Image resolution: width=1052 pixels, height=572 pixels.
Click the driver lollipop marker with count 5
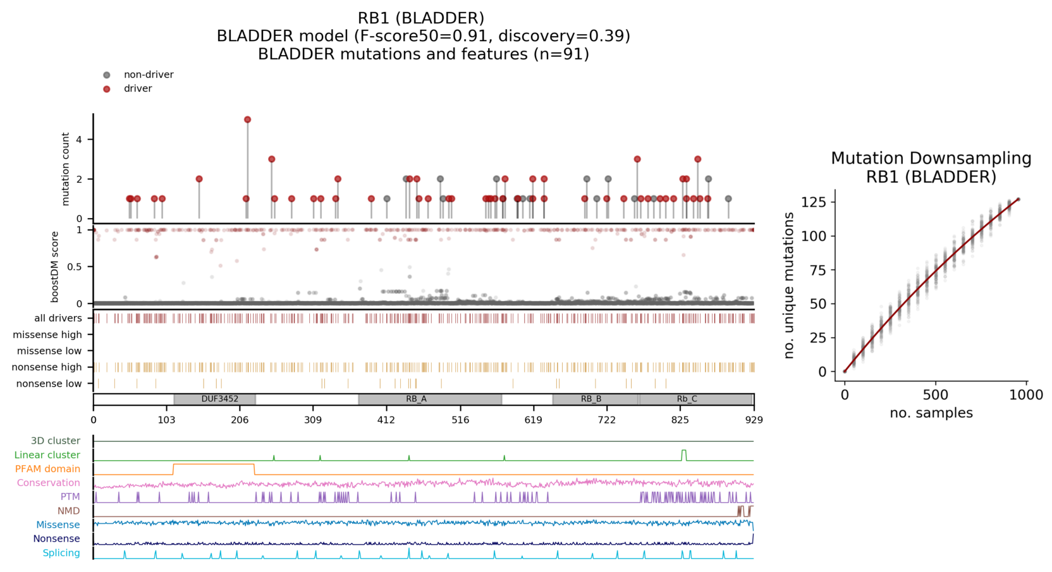click(x=247, y=119)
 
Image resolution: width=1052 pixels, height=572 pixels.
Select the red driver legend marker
click(x=107, y=89)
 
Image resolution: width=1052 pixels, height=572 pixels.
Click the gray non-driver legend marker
click(x=107, y=75)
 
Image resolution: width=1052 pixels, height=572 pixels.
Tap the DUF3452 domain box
click(x=215, y=399)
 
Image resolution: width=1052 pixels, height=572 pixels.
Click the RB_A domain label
click(x=416, y=399)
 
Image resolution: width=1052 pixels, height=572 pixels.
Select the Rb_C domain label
click(x=687, y=399)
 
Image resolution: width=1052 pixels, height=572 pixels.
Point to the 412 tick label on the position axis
click(x=386, y=420)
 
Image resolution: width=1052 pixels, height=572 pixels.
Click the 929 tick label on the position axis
click(x=754, y=420)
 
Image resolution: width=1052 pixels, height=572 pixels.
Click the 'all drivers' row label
click(x=58, y=319)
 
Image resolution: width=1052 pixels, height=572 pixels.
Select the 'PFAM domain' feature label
click(x=47, y=469)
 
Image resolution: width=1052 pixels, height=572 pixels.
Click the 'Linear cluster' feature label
click(x=47, y=455)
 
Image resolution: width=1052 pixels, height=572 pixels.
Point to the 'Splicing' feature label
click(x=61, y=553)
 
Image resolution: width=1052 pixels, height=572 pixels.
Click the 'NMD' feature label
click(x=69, y=511)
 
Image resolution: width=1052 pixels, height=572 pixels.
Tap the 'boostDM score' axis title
click(x=55, y=267)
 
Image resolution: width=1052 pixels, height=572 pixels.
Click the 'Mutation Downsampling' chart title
click(x=931, y=159)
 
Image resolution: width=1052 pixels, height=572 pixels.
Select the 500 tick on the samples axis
click(x=935, y=395)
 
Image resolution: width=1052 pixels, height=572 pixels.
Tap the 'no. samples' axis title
click(x=931, y=413)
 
